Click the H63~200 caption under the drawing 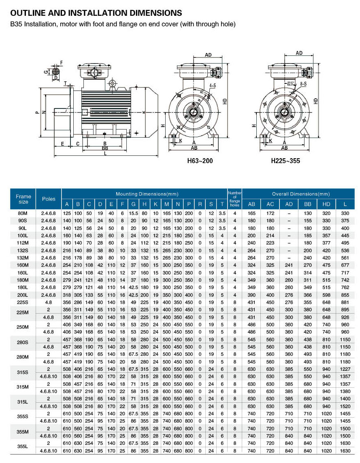coord(200,161)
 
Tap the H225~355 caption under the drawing coord(285,161)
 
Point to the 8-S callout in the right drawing coord(303,84)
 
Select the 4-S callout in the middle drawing coord(213,86)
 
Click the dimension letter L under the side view coord(105,153)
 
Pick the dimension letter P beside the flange coord(37,112)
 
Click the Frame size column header coord(23,199)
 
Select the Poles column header coord(49,199)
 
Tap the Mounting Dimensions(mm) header coord(147,194)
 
